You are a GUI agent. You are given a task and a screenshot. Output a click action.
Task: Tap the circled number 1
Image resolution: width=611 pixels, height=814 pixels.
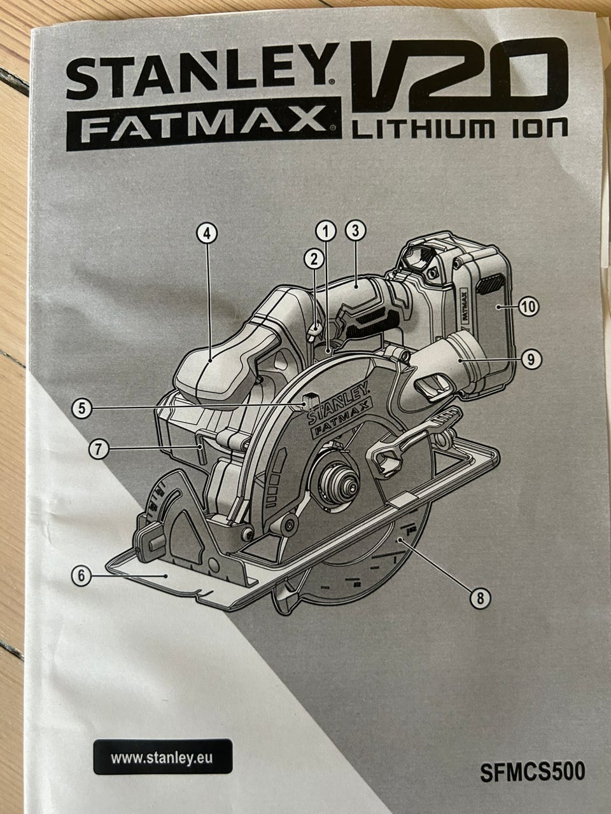(326, 232)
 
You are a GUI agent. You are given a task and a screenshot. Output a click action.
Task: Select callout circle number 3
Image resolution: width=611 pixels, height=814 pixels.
(355, 231)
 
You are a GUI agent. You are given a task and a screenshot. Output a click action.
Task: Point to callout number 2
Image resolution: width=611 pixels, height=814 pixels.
(314, 259)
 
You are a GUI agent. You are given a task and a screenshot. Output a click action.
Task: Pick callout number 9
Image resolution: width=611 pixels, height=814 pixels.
(531, 359)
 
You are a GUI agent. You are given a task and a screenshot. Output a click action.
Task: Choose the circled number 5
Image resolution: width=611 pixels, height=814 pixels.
(82, 408)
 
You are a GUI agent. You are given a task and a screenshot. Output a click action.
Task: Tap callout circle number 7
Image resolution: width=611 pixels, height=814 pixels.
(99, 450)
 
